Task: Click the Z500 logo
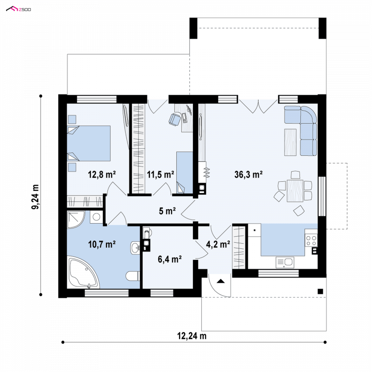[19, 9]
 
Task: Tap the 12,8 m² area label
[102, 175]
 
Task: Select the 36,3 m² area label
[248, 175]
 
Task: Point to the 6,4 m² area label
[170, 259]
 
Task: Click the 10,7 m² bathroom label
[102, 244]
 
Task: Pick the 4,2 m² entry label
[218, 244]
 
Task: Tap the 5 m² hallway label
[167, 211]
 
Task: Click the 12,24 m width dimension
[192, 336]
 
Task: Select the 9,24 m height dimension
[35, 197]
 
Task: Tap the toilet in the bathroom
[133, 276]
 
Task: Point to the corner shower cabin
[75, 219]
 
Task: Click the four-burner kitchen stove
[311, 240]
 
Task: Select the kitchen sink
[285, 263]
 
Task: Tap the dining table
[295, 191]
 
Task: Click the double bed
[89, 143]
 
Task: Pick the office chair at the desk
[175, 119]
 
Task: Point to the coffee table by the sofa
[290, 142]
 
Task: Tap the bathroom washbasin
[135, 248]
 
